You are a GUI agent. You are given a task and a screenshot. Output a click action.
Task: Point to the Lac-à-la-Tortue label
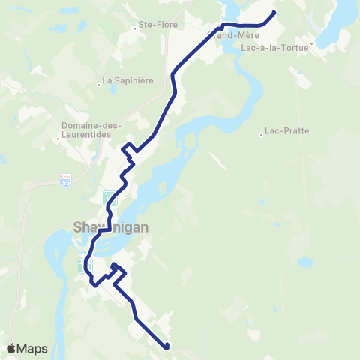click(x=275, y=46)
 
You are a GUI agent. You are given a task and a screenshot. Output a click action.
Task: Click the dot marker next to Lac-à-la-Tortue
click(x=311, y=46)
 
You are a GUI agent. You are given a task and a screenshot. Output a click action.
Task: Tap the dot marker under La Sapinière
click(x=109, y=91)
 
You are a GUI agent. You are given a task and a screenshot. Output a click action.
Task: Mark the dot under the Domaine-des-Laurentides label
click(x=58, y=139)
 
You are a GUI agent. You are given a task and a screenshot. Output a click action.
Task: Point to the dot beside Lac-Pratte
click(x=262, y=136)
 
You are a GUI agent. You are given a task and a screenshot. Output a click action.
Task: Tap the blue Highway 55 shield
click(x=66, y=180)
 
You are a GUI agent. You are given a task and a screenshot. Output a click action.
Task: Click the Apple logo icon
click(x=11, y=348)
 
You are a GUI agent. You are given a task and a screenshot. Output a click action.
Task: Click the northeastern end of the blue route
click(x=274, y=12)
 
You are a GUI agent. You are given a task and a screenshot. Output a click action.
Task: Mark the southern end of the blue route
click(x=166, y=346)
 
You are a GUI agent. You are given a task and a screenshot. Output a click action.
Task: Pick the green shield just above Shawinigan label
click(x=110, y=198)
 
